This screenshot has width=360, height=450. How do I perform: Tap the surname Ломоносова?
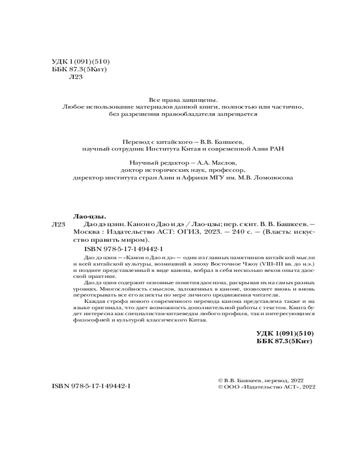(269, 178)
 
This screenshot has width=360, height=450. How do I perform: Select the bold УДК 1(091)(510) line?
(284, 333)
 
